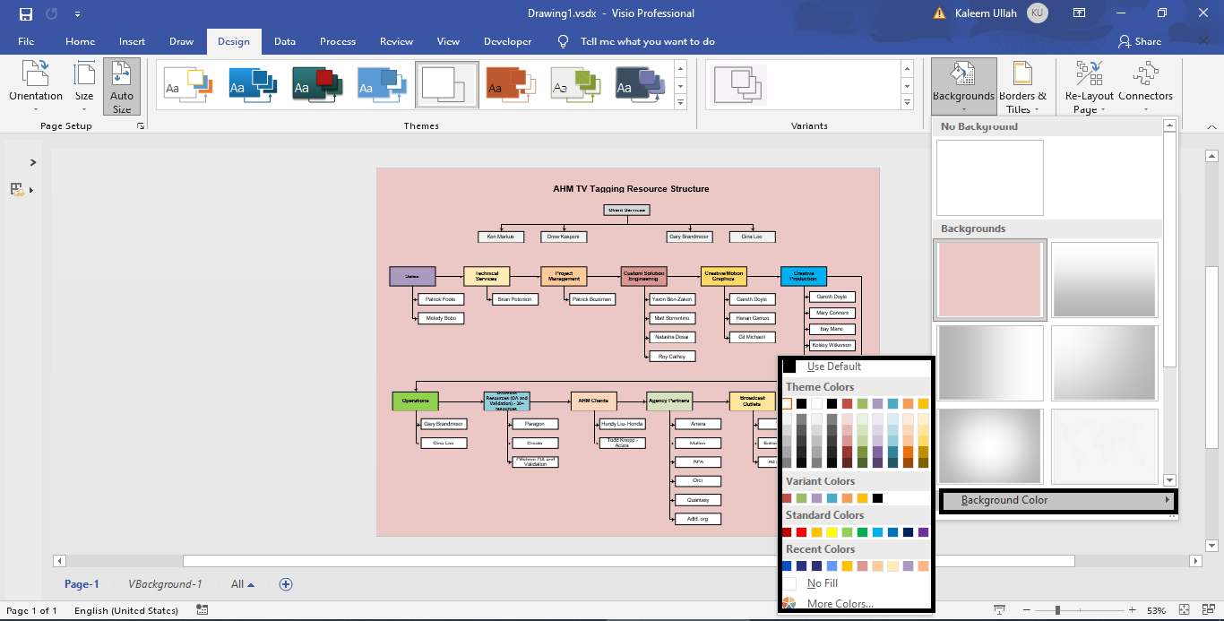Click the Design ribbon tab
click(x=234, y=41)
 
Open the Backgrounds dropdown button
click(x=963, y=86)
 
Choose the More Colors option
click(x=840, y=604)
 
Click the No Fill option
click(x=822, y=583)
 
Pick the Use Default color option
click(x=833, y=367)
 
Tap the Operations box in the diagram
click(x=415, y=401)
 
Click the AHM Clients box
click(x=593, y=401)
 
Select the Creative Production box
click(x=803, y=276)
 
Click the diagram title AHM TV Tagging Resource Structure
click(x=631, y=189)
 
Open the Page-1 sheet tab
click(x=82, y=584)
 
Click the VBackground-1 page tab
click(x=165, y=584)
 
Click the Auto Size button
click(x=121, y=86)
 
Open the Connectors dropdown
click(x=1145, y=86)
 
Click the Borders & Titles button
click(x=1022, y=86)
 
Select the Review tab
click(x=396, y=41)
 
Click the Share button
click(x=1140, y=41)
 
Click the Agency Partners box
click(x=669, y=401)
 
